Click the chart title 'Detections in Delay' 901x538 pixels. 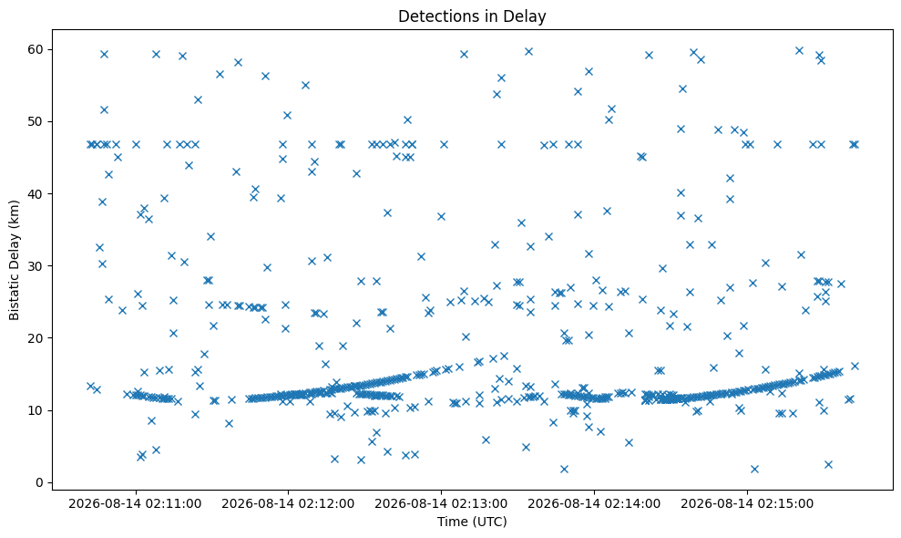(472, 16)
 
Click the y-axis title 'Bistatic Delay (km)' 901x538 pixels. (14, 260)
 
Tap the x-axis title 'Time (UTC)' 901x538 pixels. (472, 522)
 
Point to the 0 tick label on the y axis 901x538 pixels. (40, 482)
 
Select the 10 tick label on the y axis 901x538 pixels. (36, 410)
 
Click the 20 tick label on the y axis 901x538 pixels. (36, 338)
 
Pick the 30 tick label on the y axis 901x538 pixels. (36, 266)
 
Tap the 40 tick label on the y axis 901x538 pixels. (36, 194)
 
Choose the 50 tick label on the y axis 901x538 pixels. (36, 121)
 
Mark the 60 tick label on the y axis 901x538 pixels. (36, 49)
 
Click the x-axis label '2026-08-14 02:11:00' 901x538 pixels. (135, 504)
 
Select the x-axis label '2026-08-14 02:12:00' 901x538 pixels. (288, 504)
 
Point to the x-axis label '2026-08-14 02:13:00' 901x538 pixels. (441, 504)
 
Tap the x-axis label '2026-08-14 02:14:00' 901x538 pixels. (594, 504)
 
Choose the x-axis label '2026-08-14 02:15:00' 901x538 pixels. (747, 504)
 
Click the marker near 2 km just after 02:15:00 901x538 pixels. (754, 469)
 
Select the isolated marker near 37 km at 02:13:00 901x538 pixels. (441, 216)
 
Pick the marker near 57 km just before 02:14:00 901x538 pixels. (589, 71)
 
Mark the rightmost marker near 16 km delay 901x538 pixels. (855, 366)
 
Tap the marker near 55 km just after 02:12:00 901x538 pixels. (305, 85)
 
